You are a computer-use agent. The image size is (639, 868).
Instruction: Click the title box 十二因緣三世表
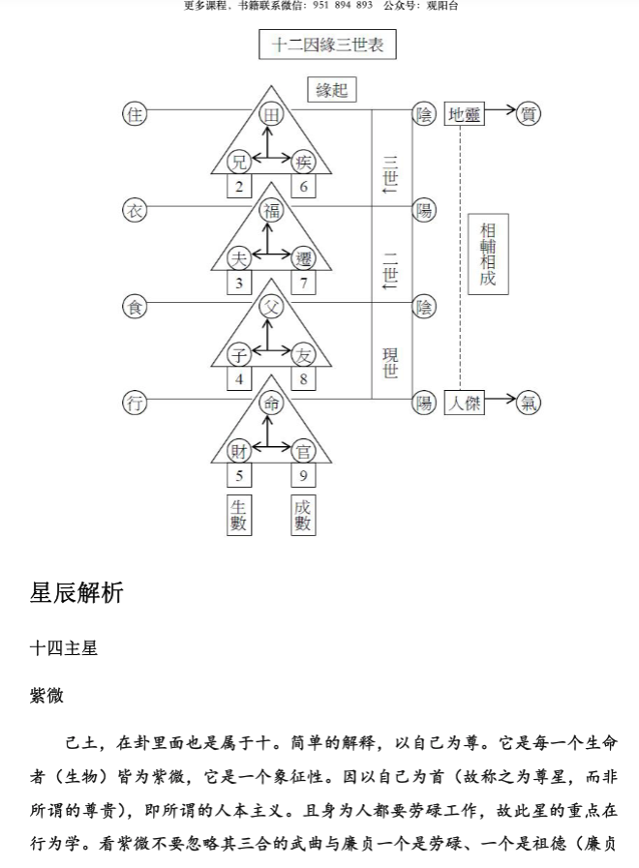pyautogui.click(x=327, y=45)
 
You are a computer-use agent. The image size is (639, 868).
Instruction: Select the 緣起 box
pyautogui.click(x=331, y=90)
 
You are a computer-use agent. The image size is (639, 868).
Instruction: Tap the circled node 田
pyautogui.click(x=271, y=114)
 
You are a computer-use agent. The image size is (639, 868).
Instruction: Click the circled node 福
pyautogui.click(x=271, y=210)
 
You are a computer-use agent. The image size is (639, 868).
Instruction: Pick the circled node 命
pyautogui.click(x=271, y=404)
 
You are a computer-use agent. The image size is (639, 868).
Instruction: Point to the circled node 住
pyautogui.click(x=135, y=114)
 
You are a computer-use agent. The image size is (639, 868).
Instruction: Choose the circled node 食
pyautogui.click(x=135, y=307)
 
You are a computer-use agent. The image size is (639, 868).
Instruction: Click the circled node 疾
pyautogui.click(x=303, y=162)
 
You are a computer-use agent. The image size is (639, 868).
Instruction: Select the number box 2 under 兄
pyautogui.click(x=239, y=187)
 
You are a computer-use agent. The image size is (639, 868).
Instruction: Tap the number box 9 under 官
pyautogui.click(x=303, y=476)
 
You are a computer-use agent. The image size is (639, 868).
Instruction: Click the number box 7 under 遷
pyautogui.click(x=303, y=283)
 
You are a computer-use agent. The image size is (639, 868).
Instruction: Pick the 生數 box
pyautogui.click(x=239, y=515)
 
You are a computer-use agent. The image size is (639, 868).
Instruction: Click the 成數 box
pyautogui.click(x=303, y=515)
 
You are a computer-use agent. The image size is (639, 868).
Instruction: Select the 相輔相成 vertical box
pyautogui.click(x=487, y=254)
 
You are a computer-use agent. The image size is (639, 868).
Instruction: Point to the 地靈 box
pyautogui.click(x=464, y=114)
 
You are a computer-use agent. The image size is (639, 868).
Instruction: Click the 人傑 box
pyautogui.click(x=464, y=404)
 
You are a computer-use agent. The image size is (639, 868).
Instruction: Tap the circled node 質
pyautogui.click(x=529, y=114)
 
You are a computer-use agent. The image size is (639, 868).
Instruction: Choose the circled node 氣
pyautogui.click(x=529, y=404)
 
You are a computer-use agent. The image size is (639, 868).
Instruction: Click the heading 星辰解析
pyautogui.click(x=76, y=593)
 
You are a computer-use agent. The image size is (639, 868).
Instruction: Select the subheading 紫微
pyautogui.click(x=46, y=696)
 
